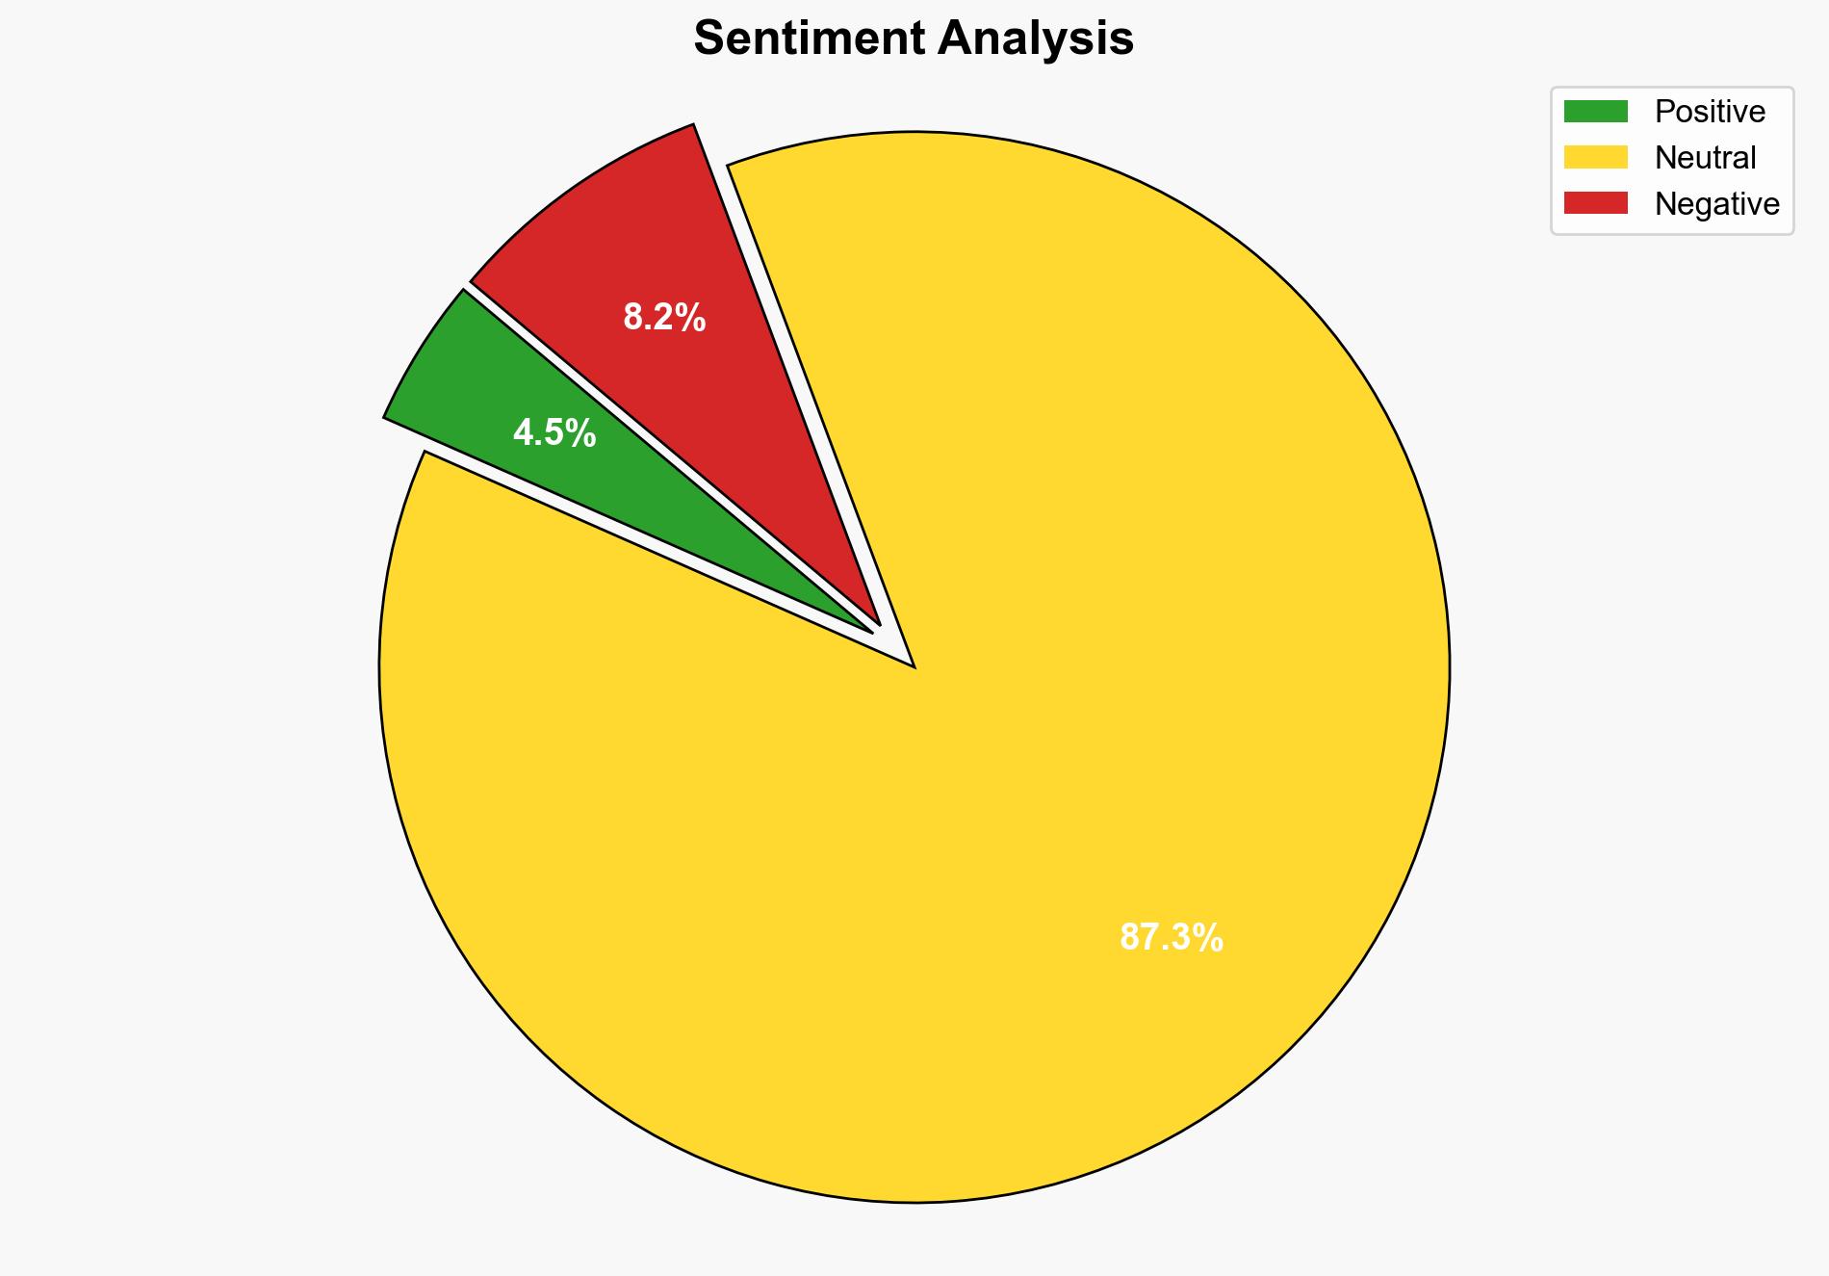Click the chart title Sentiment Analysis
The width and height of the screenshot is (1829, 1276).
pos(913,39)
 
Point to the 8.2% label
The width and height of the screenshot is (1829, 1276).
pos(664,317)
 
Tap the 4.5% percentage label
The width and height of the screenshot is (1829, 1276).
pos(554,433)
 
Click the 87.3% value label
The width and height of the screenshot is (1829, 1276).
pos(1171,937)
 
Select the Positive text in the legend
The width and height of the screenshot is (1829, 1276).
pos(1710,112)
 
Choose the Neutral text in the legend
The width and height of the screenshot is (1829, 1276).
pos(1705,158)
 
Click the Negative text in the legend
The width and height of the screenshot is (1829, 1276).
pos(1716,204)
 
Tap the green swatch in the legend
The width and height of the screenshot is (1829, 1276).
pos(1595,112)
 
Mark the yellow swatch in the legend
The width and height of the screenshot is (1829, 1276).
pos(1595,158)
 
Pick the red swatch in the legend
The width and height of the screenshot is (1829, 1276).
pos(1595,204)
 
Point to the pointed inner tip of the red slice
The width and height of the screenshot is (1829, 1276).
pos(878,624)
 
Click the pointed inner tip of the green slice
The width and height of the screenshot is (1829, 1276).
pos(872,632)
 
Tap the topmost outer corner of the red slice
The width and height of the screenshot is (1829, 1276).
pos(694,124)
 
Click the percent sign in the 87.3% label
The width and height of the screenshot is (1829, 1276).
pos(1209,937)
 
